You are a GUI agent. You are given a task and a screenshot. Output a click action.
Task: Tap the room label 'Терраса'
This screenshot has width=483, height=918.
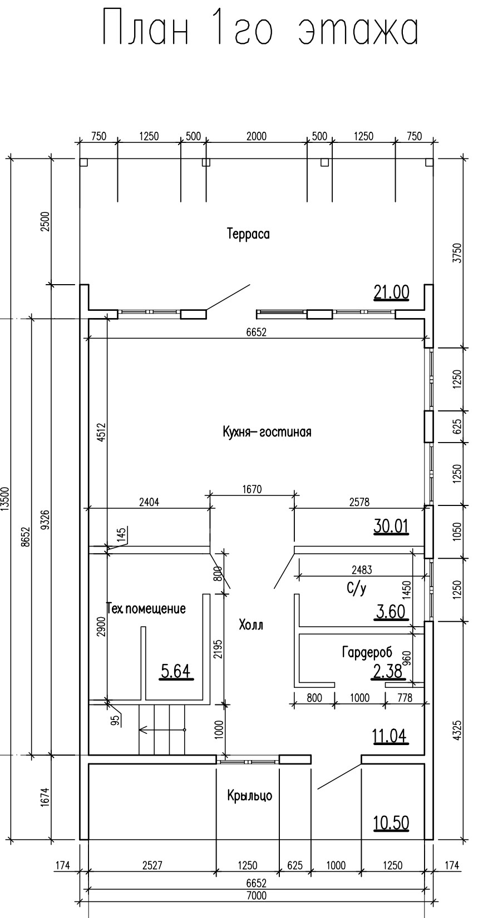(248, 234)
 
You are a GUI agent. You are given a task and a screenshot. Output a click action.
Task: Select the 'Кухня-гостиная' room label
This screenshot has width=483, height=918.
(267, 432)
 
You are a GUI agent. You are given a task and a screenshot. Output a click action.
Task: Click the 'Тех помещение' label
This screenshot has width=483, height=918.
(146, 608)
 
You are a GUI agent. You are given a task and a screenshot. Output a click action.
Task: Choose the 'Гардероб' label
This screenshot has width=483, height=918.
(367, 652)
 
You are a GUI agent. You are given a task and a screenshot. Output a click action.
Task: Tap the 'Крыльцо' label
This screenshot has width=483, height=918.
(249, 796)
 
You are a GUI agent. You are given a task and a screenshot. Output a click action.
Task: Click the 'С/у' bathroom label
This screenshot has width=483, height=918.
(357, 588)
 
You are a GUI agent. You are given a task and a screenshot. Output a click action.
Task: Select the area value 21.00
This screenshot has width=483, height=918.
(391, 292)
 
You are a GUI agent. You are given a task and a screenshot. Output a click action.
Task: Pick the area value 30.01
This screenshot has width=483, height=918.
(391, 526)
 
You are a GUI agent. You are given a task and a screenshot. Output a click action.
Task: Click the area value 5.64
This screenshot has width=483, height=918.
(176, 672)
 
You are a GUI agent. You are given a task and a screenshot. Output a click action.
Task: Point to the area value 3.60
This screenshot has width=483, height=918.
(391, 612)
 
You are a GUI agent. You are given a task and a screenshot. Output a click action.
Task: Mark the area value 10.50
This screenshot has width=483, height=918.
(391, 822)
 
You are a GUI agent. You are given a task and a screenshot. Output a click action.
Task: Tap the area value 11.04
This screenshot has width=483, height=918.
(390, 736)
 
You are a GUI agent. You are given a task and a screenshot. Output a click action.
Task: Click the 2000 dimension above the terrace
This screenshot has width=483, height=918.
(256, 136)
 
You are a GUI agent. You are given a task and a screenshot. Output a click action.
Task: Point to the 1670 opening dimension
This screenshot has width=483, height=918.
(252, 489)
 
